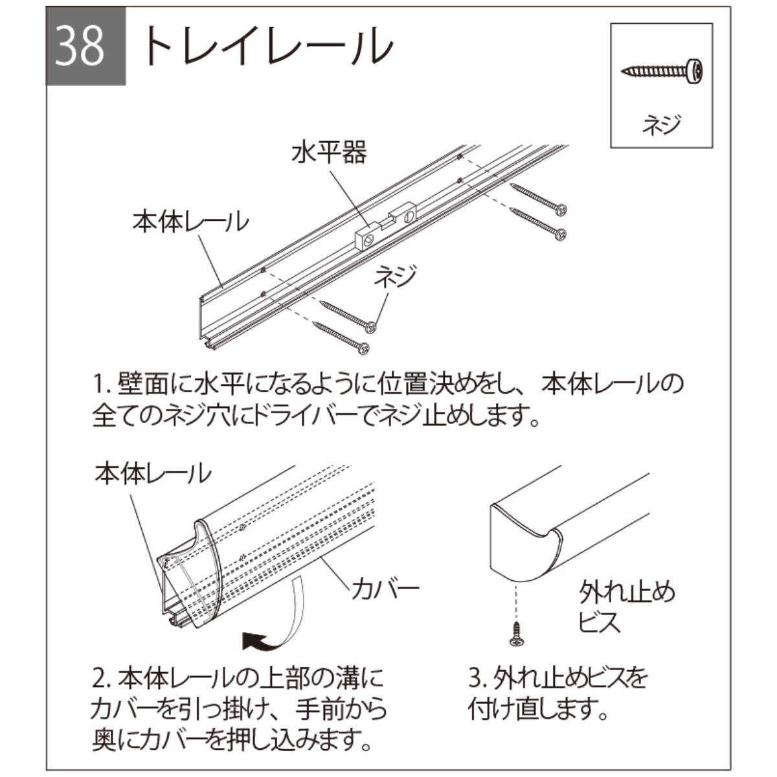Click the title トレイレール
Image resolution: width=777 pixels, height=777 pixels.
click(265, 47)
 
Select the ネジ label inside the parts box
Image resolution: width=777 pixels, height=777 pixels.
click(662, 122)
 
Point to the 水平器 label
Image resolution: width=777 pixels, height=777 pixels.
click(328, 153)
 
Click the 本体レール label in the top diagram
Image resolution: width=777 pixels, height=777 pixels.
click(190, 221)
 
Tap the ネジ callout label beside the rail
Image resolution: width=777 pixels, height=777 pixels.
click(395, 277)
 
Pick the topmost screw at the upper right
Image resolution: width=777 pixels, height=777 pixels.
click(539, 197)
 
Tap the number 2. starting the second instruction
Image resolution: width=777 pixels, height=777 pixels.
click(104, 680)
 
